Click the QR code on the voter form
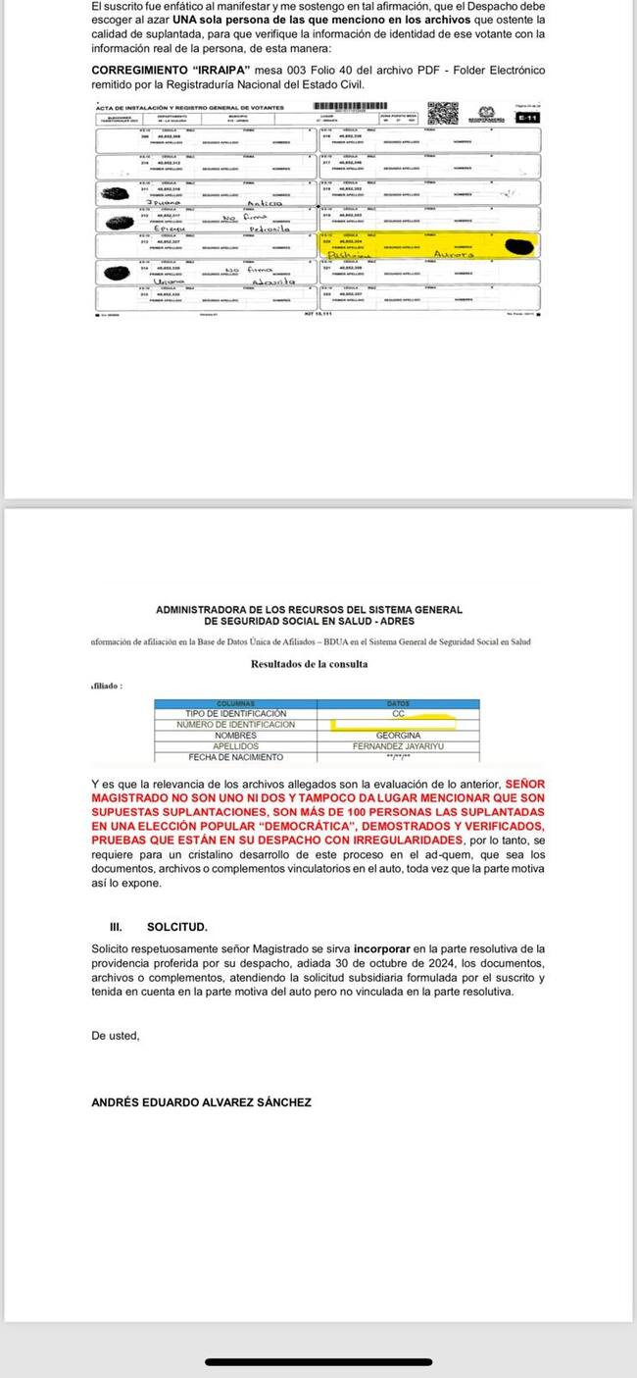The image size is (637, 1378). tap(443, 112)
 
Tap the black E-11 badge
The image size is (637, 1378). tap(528, 118)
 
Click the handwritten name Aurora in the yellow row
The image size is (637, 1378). tap(453, 254)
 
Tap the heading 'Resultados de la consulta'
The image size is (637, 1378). tap(310, 664)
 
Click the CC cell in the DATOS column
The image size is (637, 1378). tap(398, 714)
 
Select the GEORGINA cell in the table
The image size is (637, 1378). tap(398, 736)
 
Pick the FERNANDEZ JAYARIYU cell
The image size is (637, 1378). tap(398, 746)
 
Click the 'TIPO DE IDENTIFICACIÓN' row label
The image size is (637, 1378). tap(235, 714)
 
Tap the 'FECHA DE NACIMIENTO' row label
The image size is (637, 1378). tap(235, 757)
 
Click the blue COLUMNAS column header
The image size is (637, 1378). tap(235, 703)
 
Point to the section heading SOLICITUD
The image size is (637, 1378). tap(177, 927)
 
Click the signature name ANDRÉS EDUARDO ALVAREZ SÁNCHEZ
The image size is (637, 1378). tap(201, 1102)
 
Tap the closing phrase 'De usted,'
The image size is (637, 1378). tap(116, 1036)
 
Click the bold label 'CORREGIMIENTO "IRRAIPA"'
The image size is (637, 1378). tap(171, 72)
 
